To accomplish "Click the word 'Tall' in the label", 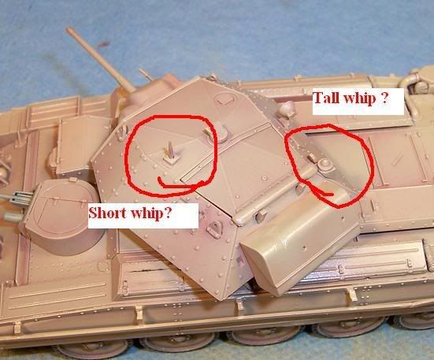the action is pyautogui.click(x=326, y=98).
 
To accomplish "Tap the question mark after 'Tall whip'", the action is pyautogui.click(x=384, y=98).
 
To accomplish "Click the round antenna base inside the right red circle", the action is pyautogui.click(x=324, y=165).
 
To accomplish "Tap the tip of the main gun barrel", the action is pyautogui.click(x=68, y=28).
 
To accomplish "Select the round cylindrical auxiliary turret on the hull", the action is pyautogui.click(x=62, y=217).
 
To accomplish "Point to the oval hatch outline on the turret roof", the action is pyautogui.click(x=224, y=98).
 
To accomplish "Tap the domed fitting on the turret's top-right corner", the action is pyautogui.click(x=287, y=109).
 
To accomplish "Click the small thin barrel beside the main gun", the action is pyautogui.click(x=145, y=74).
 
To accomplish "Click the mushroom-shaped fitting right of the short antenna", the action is pyautogui.click(x=219, y=132).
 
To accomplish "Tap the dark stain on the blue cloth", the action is pyautogui.click(x=103, y=44).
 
